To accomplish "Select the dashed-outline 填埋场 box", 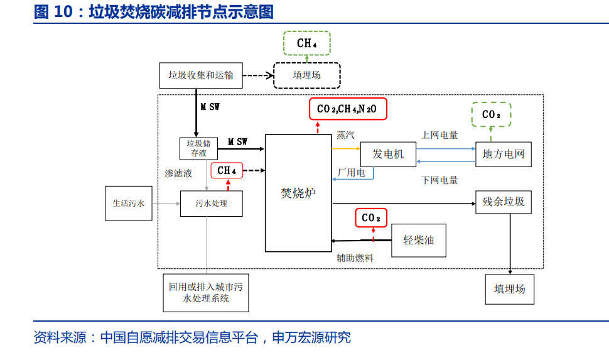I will [307, 75].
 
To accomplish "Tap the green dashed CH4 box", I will [306, 43].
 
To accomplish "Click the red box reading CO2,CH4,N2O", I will [348, 109].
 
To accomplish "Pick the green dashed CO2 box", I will [492, 114].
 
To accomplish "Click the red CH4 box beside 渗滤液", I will [227, 170].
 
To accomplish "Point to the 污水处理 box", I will [211, 204].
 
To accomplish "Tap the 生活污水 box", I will [129, 204].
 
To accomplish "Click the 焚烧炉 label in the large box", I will [298, 194].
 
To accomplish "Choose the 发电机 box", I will [388, 154].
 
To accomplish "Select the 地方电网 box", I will [503, 154].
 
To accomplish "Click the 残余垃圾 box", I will [503, 202].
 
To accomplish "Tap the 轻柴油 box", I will [419, 240].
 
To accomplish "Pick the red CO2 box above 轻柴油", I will [371, 217].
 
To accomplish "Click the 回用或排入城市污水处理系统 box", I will [205, 293].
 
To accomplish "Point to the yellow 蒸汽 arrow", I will [345, 148].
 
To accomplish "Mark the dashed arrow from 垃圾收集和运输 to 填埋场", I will [258, 75].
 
